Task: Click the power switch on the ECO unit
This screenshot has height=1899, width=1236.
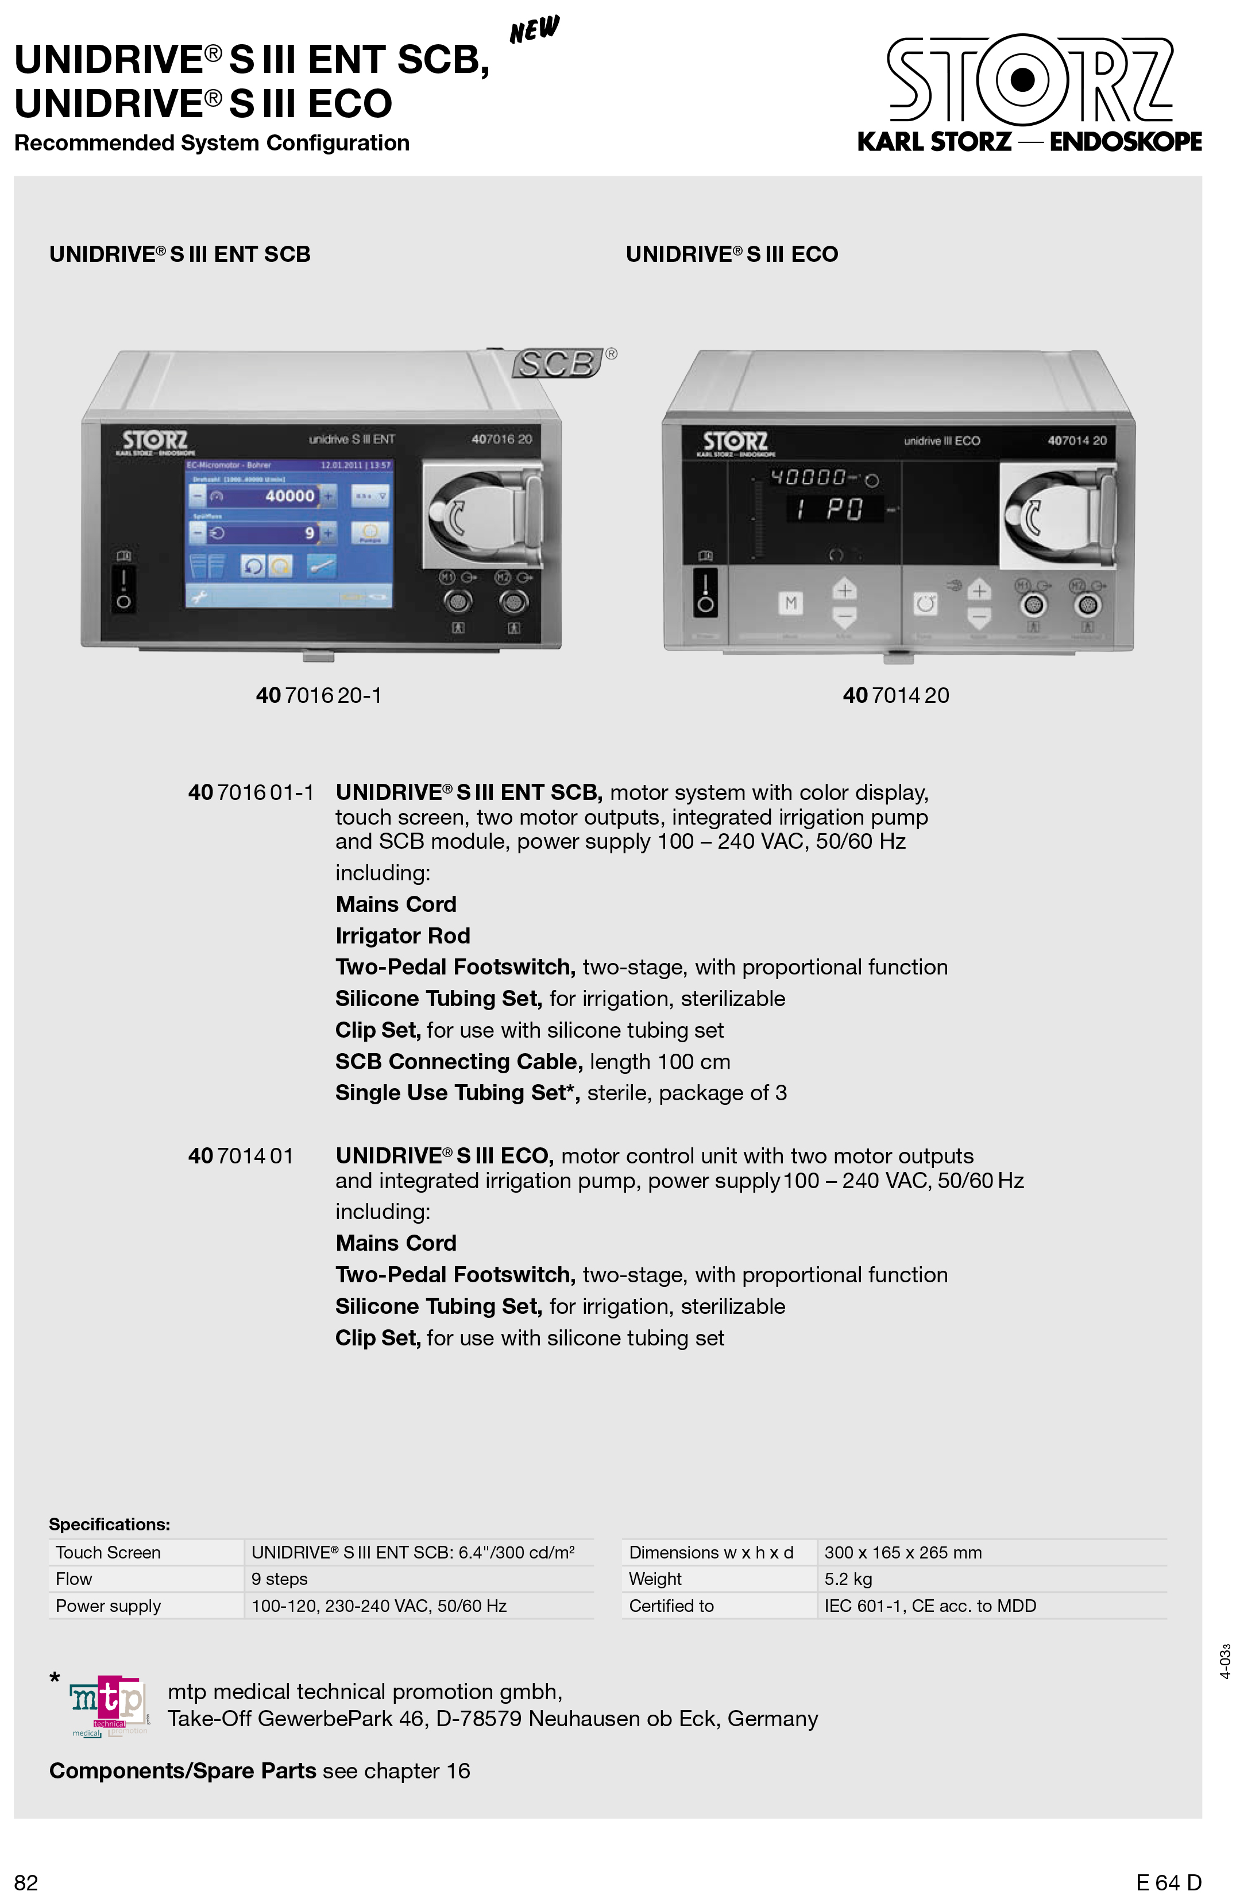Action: click(x=705, y=592)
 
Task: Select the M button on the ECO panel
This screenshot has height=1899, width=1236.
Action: click(x=791, y=603)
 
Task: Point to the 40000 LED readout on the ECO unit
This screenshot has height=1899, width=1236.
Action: click(x=808, y=477)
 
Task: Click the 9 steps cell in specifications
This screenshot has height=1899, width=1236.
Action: click(x=279, y=1579)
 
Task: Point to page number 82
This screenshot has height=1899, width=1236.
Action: click(x=26, y=1882)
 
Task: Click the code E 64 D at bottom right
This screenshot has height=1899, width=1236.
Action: click(x=1168, y=1882)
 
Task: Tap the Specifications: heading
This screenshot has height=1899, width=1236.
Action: click(x=109, y=1524)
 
